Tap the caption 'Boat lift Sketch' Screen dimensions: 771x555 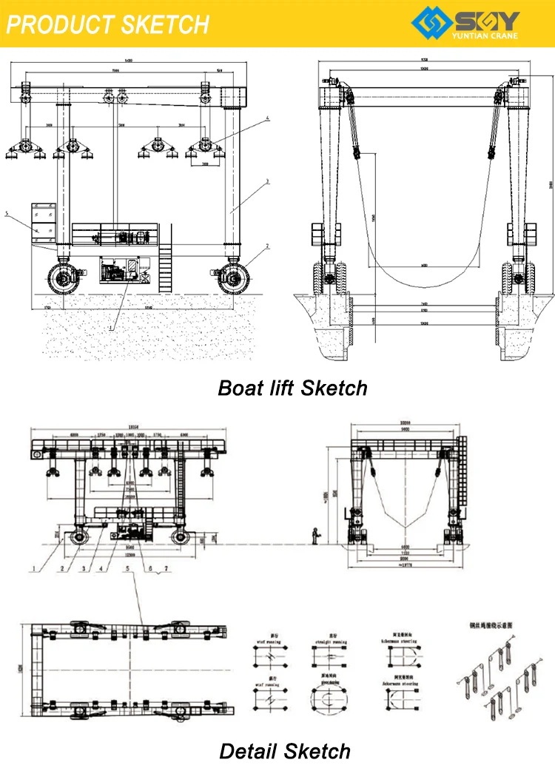(x=292, y=388)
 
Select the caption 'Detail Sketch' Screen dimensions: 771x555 (x=285, y=752)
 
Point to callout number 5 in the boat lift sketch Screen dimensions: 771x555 (x=6, y=215)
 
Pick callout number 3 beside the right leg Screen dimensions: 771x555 (x=267, y=181)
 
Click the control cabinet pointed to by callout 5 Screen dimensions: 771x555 (x=43, y=222)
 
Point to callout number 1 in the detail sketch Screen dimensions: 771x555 (x=32, y=569)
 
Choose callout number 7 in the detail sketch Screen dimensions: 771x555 (x=166, y=569)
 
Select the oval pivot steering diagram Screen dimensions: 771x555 (x=329, y=700)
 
